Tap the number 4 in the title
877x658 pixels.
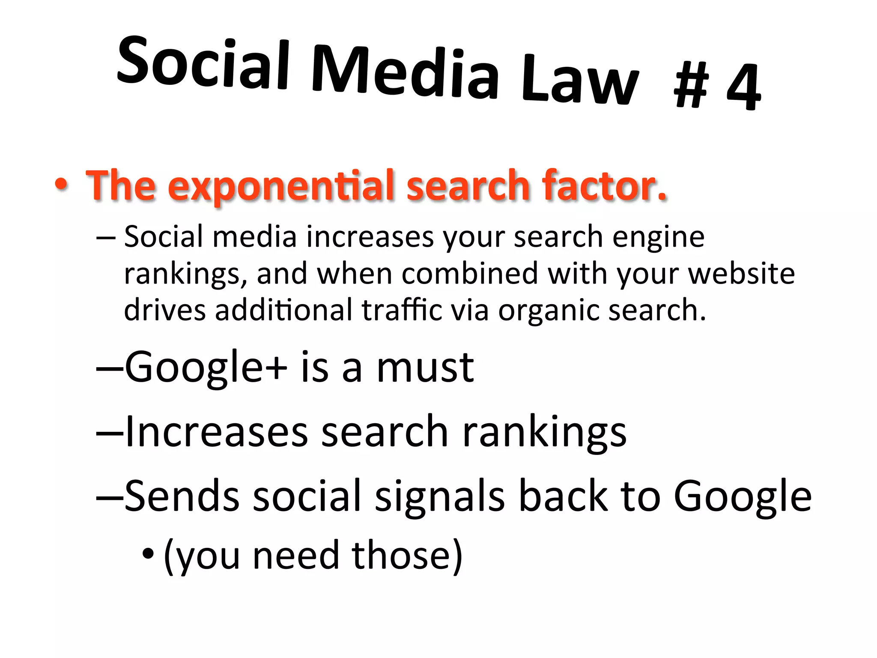point(744,87)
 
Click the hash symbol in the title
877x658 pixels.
point(691,85)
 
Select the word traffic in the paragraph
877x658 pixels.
point(402,309)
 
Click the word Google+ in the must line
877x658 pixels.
point(206,368)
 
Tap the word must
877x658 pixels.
point(425,368)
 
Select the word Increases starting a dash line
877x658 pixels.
point(216,432)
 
